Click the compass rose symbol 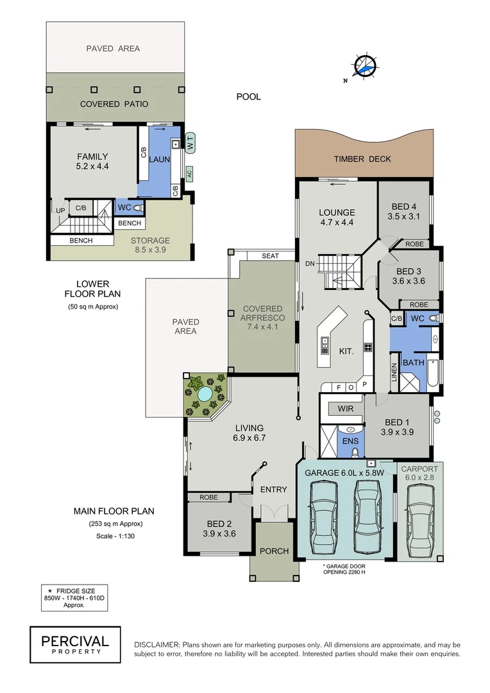364,66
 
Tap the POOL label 248,97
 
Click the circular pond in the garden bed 205,394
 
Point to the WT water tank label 190,141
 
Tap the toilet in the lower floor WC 139,207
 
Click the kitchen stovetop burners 369,348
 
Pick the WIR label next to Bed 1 337,408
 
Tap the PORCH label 274,551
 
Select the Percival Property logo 75,644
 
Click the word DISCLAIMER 156,644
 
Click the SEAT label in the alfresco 270,256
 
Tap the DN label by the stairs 309,263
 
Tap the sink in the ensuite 351,429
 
